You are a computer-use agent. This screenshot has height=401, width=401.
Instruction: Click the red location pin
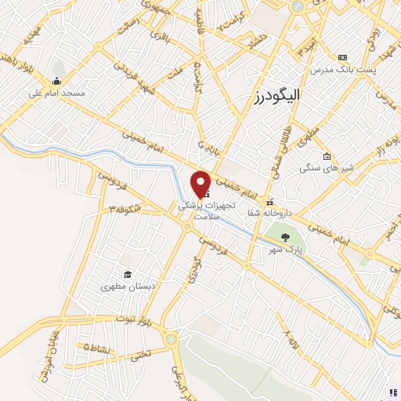[200, 183]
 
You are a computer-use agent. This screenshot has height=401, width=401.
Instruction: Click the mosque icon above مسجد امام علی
[56, 81]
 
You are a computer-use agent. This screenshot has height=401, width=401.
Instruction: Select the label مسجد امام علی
[56, 92]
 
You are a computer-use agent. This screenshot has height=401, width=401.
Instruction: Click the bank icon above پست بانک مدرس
[341, 57]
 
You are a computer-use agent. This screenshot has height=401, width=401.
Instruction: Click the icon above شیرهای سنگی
[326, 156]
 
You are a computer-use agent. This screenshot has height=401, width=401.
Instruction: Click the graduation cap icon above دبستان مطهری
[127, 274]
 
